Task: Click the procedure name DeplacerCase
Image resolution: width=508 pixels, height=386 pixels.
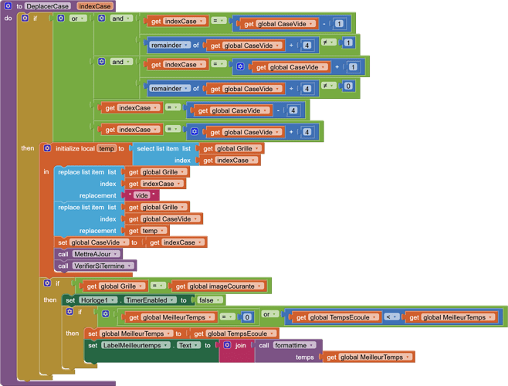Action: tap(47, 6)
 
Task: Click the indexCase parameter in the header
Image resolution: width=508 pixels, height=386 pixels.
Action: tap(95, 6)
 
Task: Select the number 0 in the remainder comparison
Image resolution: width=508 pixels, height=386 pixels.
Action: tap(349, 86)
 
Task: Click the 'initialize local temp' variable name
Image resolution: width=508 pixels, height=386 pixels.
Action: tap(106, 148)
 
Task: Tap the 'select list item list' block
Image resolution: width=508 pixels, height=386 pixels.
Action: tap(164, 148)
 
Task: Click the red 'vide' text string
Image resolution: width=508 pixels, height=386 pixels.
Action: tap(141, 195)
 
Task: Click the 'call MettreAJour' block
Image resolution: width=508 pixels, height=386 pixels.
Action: tap(89, 253)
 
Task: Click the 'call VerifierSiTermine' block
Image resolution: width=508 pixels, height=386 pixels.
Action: tap(96, 266)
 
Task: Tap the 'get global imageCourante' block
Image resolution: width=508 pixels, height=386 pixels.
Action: tap(219, 286)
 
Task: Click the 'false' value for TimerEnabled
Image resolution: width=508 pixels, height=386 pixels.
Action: tap(206, 300)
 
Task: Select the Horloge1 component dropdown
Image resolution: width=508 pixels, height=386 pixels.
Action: tap(101, 300)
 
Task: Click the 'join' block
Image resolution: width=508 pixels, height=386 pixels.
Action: tap(240, 345)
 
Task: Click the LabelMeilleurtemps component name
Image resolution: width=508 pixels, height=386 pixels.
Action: tap(135, 345)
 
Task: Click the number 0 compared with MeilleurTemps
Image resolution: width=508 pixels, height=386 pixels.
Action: tap(247, 317)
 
